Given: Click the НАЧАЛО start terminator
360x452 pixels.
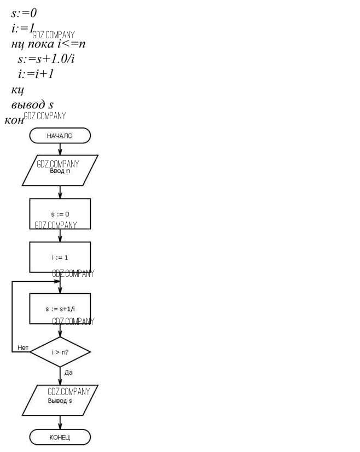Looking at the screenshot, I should tap(60, 136).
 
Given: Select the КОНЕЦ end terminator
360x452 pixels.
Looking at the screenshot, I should tap(60, 437).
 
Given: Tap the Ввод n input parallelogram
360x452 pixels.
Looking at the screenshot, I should tap(60, 170).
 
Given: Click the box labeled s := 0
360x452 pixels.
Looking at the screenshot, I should tap(60, 213).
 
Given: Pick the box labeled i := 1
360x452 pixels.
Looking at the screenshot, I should tap(60, 257).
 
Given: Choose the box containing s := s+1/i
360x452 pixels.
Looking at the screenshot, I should tap(60, 309).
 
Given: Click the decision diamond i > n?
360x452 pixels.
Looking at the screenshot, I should tap(60, 352).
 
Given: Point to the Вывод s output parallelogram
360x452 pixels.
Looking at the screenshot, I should tap(60, 401).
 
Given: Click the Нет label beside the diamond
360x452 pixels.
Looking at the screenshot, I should tap(23, 347).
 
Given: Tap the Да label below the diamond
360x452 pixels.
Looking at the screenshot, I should tap(68, 372).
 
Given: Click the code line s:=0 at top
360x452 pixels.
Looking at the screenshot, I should tap(24, 13).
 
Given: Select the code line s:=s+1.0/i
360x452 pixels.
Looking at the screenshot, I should tap(45, 58).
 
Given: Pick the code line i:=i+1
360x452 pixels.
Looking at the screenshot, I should tap(36, 73).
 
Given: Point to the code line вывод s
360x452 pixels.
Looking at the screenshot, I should tap(32, 104).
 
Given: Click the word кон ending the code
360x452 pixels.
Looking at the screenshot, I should tap(14, 120).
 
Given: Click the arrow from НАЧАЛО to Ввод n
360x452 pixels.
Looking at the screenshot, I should tap(60, 149).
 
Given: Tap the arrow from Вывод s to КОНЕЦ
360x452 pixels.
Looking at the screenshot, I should tap(60, 422).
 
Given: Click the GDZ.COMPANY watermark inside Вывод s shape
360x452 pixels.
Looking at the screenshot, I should tap(68, 392).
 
